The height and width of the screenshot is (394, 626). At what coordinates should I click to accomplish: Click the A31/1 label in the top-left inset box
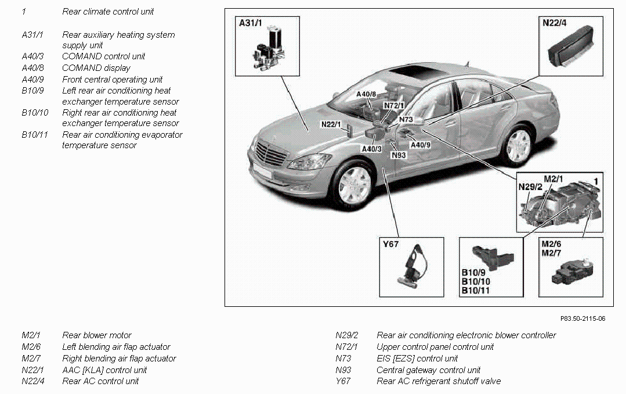[x=251, y=23]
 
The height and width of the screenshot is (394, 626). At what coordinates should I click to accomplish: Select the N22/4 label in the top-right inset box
[x=555, y=23]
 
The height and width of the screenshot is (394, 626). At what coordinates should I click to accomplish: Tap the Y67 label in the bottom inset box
[x=390, y=245]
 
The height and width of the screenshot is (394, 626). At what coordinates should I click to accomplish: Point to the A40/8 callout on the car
[x=366, y=94]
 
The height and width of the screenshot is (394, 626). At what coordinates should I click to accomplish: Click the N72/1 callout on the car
[x=394, y=105]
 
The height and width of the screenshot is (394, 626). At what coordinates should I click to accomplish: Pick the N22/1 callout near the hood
[x=331, y=124]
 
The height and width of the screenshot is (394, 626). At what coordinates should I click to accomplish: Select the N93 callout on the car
[x=399, y=155]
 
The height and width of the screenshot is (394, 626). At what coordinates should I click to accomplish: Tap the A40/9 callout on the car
[x=421, y=144]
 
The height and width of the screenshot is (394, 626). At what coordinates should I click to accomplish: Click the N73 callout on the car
[x=406, y=120]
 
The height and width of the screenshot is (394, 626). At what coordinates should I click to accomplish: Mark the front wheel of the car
[x=353, y=184]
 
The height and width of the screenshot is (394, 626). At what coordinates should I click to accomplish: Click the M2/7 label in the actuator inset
[x=552, y=253]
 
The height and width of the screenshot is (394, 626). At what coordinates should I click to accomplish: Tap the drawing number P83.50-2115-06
[x=582, y=318]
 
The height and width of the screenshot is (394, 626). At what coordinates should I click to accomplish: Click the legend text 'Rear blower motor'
[x=97, y=335]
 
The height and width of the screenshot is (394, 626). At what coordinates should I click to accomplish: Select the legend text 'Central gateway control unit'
[x=429, y=370]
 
